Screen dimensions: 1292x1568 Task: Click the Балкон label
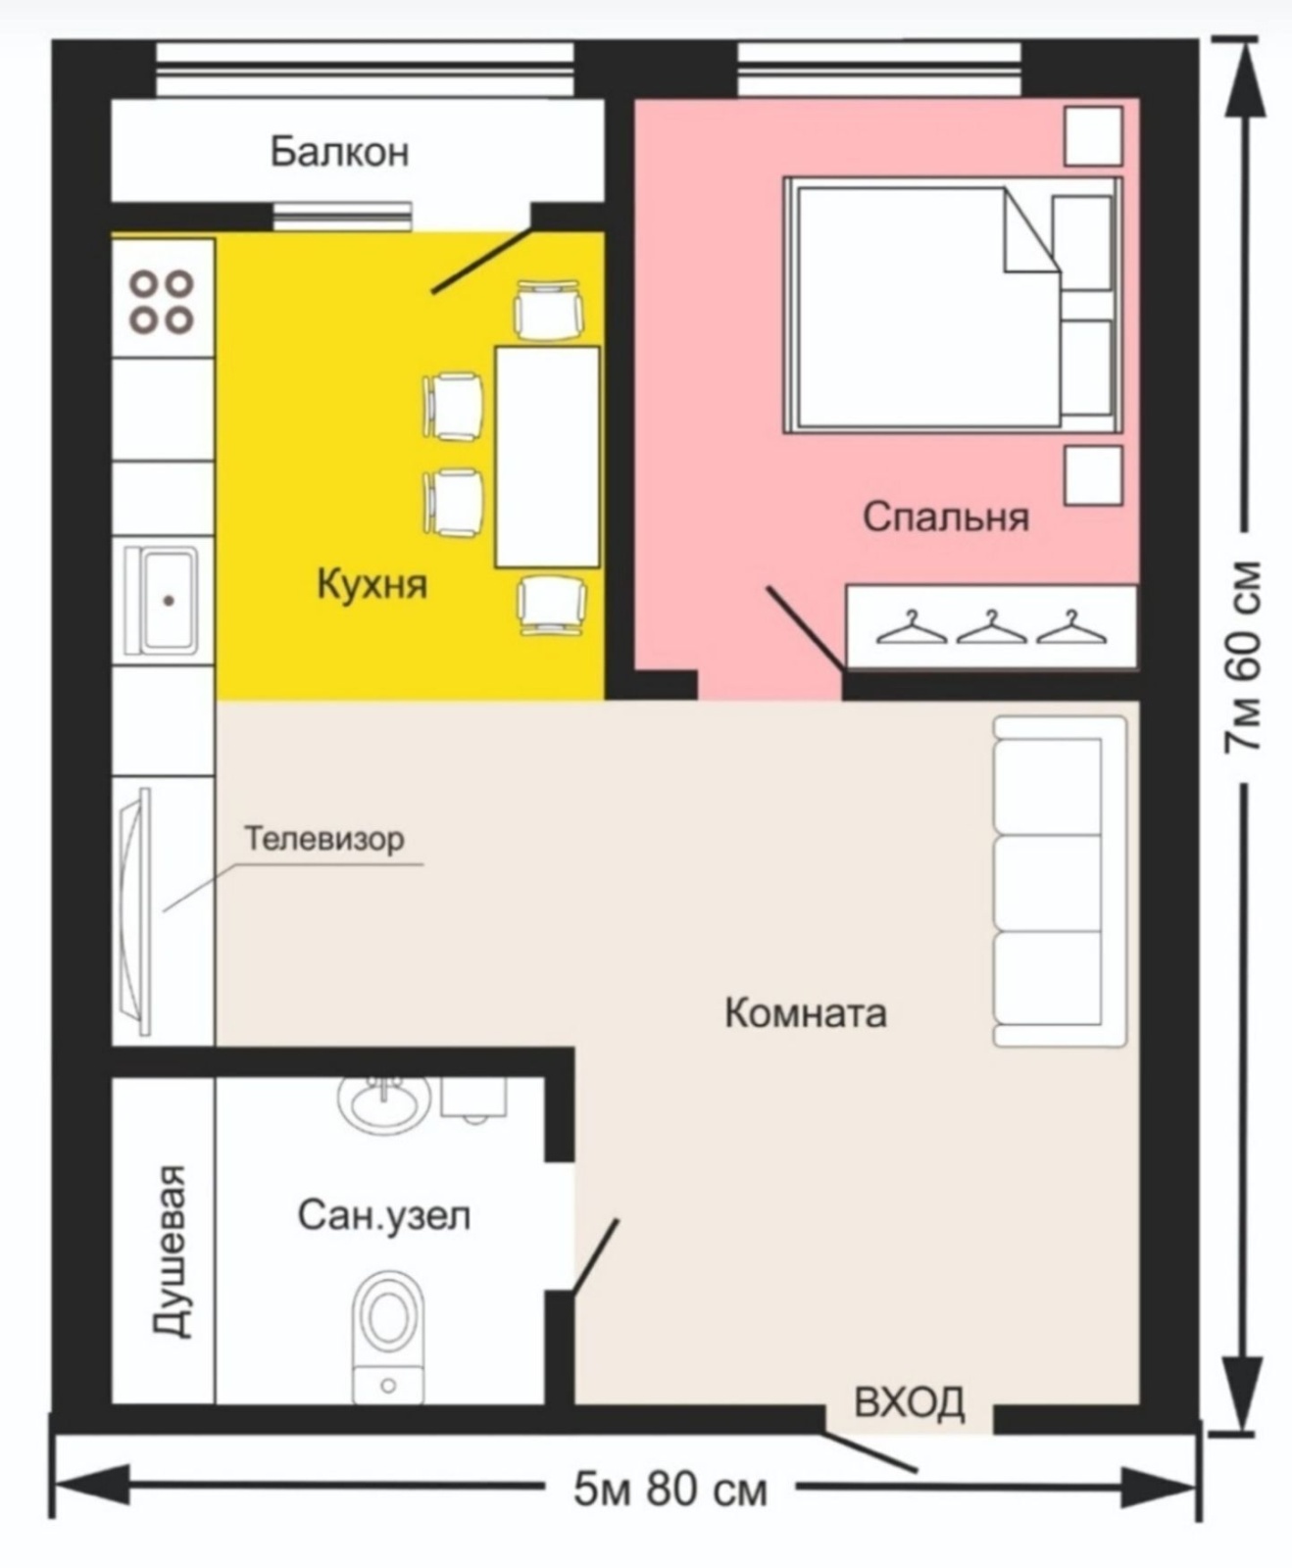(x=339, y=153)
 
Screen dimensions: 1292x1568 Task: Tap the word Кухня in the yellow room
(x=373, y=584)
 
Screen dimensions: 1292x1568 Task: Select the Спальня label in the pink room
(x=946, y=516)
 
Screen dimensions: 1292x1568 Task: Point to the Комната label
(x=806, y=1012)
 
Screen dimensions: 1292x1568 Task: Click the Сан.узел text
(x=384, y=1216)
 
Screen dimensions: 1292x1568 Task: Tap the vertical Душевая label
(x=171, y=1251)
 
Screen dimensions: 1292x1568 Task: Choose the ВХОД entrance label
(x=910, y=1403)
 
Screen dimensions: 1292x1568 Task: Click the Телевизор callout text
(x=324, y=839)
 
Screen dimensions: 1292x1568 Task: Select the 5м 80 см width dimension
(x=671, y=1491)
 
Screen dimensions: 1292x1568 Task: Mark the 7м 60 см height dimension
(x=1241, y=656)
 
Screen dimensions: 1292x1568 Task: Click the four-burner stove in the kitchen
(x=163, y=302)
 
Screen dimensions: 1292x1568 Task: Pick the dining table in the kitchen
(x=547, y=457)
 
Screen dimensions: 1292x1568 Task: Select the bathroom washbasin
(x=384, y=1102)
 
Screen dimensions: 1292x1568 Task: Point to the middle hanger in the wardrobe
(x=991, y=627)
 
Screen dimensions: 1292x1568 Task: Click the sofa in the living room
(x=1060, y=881)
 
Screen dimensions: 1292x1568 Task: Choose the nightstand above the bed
(x=1093, y=136)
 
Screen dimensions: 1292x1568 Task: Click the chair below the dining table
(x=552, y=605)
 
